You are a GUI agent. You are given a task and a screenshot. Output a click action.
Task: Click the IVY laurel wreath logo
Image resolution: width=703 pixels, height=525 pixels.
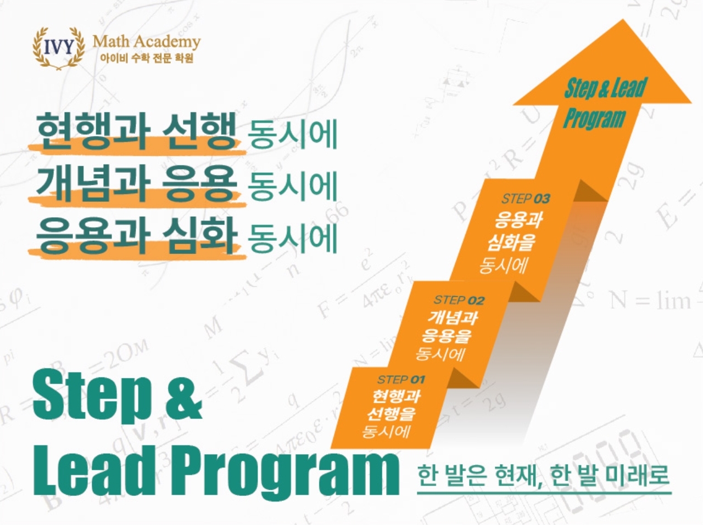(x=59, y=48)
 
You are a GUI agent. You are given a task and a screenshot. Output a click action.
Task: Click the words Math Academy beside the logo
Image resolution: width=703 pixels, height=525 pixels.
(x=147, y=42)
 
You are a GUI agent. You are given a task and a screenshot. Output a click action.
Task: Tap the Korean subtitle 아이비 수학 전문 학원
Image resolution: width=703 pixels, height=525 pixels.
(x=147, y=58)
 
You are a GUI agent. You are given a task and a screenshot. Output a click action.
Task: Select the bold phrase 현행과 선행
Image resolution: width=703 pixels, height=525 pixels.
(x=137, y=131)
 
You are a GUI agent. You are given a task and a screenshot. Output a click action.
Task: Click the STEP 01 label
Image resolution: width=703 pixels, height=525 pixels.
(x=401, y=380)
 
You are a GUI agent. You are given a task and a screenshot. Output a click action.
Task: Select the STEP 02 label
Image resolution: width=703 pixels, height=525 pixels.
(x=459, y=300)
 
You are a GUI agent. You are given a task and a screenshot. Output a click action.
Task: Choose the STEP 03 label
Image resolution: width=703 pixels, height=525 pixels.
(x=526, y=199)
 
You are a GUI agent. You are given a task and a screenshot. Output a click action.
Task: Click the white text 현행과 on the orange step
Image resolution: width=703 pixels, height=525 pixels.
(x=396, y=397)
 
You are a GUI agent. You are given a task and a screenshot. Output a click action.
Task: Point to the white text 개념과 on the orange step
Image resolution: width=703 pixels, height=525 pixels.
(x=453, y=318)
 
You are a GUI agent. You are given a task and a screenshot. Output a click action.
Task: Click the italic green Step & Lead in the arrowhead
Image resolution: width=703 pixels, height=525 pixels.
(x=605, y=88)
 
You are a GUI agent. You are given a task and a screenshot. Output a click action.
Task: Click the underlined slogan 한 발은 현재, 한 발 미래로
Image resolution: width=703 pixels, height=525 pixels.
(x=544, y=476)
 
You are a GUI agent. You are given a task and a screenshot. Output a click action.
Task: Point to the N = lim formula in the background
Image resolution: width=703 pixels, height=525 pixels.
(x=650, y=301)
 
